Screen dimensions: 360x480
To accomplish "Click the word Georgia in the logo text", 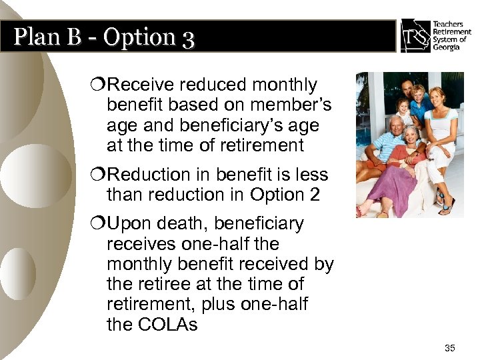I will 446,48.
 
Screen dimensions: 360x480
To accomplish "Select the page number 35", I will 449,348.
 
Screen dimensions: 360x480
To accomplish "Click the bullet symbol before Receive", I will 100,85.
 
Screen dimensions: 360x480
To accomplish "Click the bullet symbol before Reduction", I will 100,175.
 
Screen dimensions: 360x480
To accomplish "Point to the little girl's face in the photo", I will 403,107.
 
